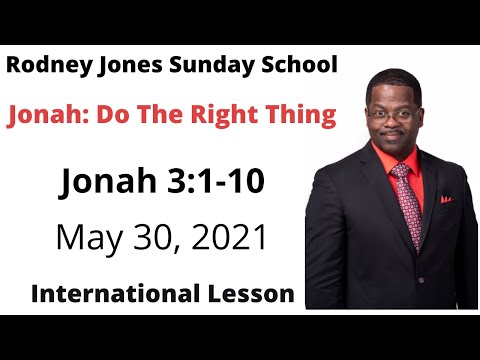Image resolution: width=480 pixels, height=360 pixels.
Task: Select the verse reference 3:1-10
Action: pyautogui.click(x=218, y=183)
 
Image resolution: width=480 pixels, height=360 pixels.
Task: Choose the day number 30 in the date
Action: pyautogui.click(x=150, y=238)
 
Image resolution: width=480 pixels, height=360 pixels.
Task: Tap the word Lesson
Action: pyautogui.click(x=247, y=294)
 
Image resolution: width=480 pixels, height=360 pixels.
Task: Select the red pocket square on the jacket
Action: pyautogui.click(x=446, y=199)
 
